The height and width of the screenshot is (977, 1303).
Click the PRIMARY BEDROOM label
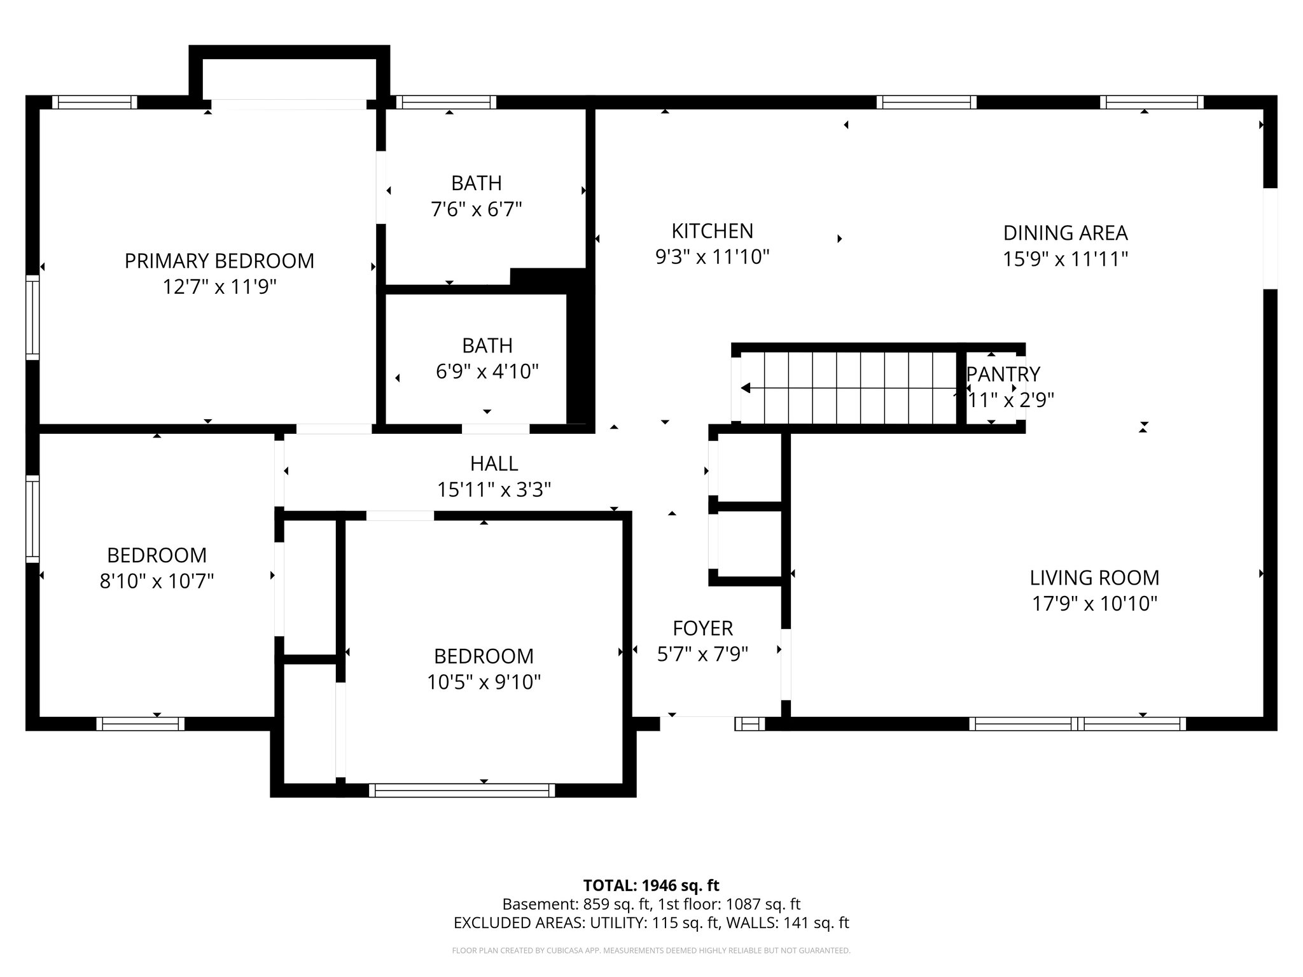219,261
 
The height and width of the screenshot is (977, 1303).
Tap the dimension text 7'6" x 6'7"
477,209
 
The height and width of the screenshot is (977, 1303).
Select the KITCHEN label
712,230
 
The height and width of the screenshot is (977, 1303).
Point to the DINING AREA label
1065,233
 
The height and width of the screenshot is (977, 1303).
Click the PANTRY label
1003,374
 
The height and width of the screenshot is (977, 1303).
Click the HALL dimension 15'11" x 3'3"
494,490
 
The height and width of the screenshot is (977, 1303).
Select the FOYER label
702,628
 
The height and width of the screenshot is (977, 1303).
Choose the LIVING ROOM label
1094,578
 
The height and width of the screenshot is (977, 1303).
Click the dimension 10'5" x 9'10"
484,683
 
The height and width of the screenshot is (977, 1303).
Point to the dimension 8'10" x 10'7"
157,581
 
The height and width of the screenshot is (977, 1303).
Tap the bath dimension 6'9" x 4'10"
487,371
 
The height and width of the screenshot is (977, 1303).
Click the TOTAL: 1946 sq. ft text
651,885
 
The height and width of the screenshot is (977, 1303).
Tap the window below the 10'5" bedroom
462,790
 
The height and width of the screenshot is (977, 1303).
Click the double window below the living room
1077,723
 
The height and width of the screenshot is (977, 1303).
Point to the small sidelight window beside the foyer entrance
750,723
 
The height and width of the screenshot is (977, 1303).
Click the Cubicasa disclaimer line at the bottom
651,951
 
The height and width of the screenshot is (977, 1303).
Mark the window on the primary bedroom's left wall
32,317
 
